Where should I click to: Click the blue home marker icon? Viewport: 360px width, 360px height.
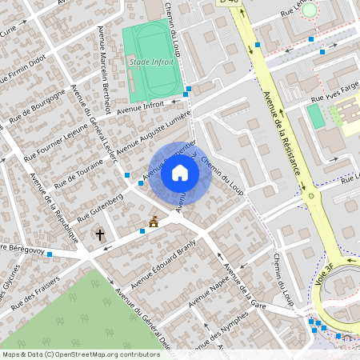(180, 173)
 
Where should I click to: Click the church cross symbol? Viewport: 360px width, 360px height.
(100, 234)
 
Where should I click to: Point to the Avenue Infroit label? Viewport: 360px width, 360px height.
(141, 104)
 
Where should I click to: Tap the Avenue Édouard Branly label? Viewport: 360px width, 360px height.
(163, 262)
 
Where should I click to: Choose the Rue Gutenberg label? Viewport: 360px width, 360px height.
(101, 207)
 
